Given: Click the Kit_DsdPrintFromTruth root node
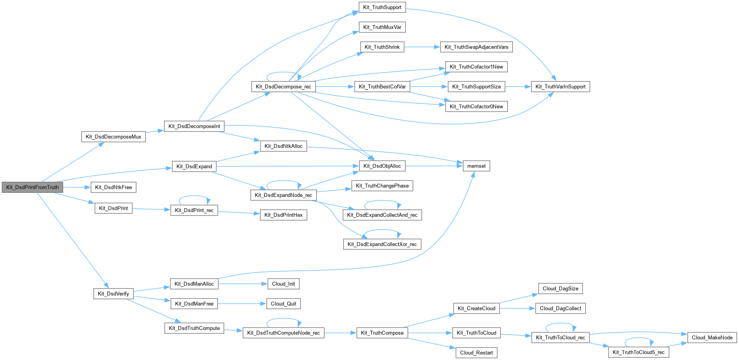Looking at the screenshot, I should (x=32, y=187).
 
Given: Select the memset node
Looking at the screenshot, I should (x=476, y=166).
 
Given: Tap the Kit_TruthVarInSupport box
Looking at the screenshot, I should (x=560, y=86).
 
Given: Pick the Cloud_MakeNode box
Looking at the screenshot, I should (x=712, y=337).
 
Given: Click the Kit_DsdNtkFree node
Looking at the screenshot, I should (x=113, y=187).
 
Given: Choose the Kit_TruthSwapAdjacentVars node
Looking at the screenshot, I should (x=476, y=47).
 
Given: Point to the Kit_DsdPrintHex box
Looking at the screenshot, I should (x=283, y=215).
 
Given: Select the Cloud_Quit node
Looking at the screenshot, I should (x=283, y=304).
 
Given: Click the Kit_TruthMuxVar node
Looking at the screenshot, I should (x=382, y=27).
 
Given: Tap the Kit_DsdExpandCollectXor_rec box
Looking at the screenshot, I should (x=382, y=244).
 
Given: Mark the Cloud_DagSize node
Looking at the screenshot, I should (x=560, y=288).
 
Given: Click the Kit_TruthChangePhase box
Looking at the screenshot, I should (x=382, y=185).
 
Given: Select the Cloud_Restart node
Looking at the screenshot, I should (x=476, y=353).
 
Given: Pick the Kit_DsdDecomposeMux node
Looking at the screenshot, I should (x=113, y=137).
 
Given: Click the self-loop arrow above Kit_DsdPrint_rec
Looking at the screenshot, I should (x=194, y=196).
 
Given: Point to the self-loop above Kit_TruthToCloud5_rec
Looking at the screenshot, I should (x=639, y=338).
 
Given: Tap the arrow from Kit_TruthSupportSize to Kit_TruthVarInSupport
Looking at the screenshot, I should (x=518, y=86).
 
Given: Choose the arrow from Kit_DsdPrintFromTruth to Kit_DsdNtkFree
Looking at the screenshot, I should (x=77, y=187).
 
